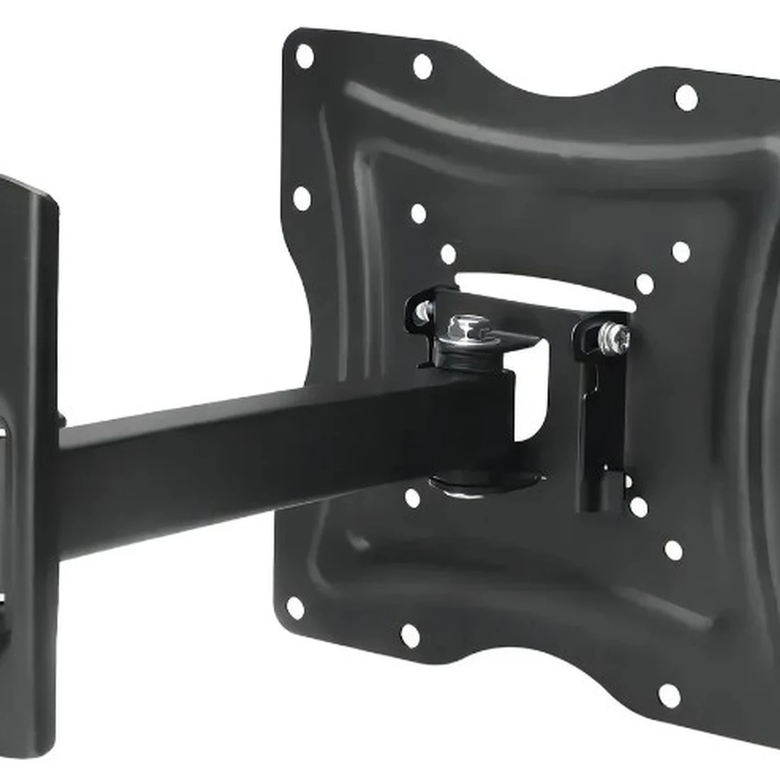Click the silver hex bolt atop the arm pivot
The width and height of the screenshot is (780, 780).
[x=464, y=328]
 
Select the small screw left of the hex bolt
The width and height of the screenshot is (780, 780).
[x=423, y=311]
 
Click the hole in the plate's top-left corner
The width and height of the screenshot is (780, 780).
[x=305, y=56]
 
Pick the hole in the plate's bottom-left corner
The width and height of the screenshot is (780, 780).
[x=295, y=608]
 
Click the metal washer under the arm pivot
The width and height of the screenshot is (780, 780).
[x=482, y=484]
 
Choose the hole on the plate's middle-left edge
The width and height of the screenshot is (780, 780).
[x=301, y=199]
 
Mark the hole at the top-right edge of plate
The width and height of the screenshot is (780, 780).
[x=686, y=97]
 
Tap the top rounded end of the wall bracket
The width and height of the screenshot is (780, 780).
[x=28, y=195]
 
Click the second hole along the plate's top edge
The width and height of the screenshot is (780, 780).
[x=423, y=67]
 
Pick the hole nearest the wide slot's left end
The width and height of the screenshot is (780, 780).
[x=448, y=254]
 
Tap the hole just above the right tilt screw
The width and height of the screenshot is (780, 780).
[x=645, y=284]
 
